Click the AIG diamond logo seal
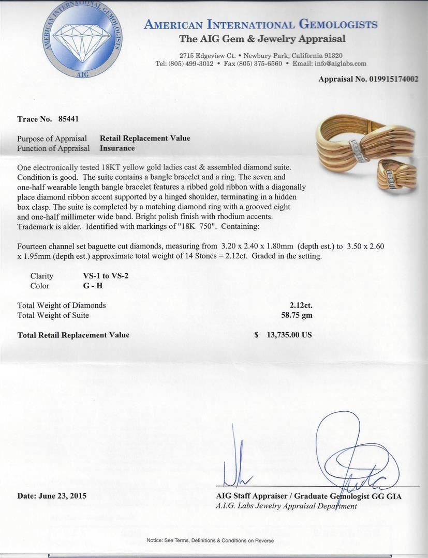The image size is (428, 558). pos(83,40)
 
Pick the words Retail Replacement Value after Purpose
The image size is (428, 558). pos(145,138)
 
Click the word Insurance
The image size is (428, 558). pos(117,148)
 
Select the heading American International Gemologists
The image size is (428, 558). pos(261,25)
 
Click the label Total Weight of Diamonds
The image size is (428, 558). pos(62,305)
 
